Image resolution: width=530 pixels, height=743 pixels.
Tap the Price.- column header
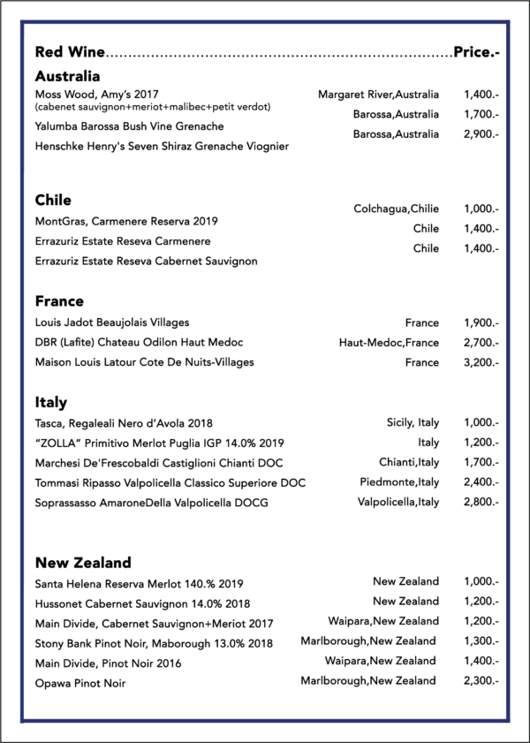[x=476, y=53]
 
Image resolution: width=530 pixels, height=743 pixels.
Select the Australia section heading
[x=67, y=77]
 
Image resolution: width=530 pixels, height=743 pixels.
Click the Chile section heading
[x=53, y=201]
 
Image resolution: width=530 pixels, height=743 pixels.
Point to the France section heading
[x=59, y=301]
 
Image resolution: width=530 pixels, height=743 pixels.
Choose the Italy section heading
[x=51, y=403]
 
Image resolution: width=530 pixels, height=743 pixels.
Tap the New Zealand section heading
[x=83, y=562]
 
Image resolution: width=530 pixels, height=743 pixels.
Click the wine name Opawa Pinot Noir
[x=80, y=683]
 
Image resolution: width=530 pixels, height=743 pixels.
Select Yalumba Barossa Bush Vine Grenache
[x=129, y=126]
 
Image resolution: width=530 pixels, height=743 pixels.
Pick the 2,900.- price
[x=481, y=134]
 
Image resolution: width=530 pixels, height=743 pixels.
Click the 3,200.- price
[x=481, y=362]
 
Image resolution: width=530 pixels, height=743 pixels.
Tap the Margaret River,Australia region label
[x=378, y=94]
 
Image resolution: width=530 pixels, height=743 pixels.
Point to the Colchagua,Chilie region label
[x=396, y=208]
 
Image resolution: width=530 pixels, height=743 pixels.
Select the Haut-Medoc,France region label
[x=389, y=342]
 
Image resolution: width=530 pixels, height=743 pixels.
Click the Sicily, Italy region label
[x=413, y=422]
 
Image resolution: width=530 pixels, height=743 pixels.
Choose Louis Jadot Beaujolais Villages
[x=112, y=322]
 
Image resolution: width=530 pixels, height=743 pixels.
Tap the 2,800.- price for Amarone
[x=481, y=502]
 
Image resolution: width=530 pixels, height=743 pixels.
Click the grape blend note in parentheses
[x=152, y=107]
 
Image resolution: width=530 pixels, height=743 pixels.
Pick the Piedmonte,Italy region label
[x=399, y=481]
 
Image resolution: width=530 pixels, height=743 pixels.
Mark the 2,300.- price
[x=481, y=681]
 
